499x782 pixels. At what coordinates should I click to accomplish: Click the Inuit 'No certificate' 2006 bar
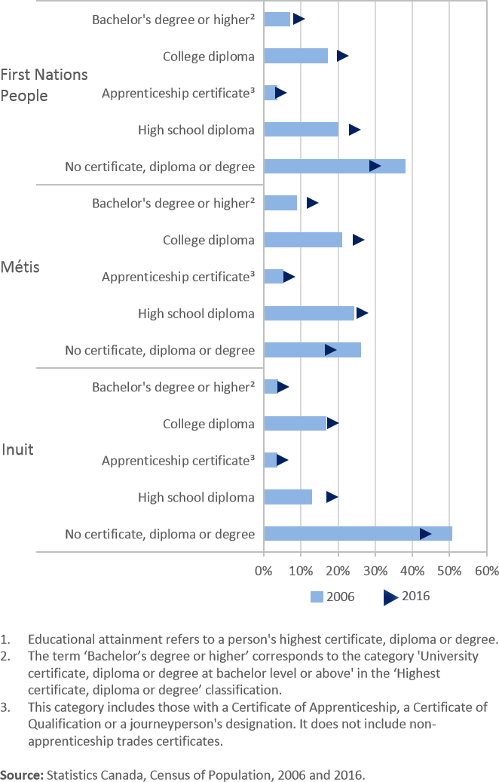tap(358, 534)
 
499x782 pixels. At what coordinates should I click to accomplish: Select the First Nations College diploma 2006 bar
tap(296, 56)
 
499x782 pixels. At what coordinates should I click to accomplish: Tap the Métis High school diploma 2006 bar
tap(309, 314)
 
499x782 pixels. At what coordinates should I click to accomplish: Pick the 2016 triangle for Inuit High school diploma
tap(332, 497)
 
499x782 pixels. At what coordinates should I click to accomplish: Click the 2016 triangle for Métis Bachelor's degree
tap(312, 203)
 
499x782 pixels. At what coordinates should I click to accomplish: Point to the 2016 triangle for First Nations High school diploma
tap(354, 130)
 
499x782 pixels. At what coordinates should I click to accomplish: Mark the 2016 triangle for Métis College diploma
tap(358, 240)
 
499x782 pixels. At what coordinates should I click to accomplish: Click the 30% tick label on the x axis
tap(375, 570)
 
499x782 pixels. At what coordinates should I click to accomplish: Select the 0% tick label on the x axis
tap(264, 570)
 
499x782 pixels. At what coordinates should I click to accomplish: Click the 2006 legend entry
tap(332, 596)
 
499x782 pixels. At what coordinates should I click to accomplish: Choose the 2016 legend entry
tap(407, 596)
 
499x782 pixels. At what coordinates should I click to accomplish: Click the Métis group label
tap(20, 268)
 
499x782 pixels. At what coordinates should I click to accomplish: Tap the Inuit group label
tap(17, 450)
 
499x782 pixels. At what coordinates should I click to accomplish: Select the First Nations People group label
tap(44, 84)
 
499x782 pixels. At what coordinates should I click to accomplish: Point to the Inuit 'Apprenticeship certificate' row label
tap(178, 461)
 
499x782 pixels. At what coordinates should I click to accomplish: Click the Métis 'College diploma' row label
tap(209, 241)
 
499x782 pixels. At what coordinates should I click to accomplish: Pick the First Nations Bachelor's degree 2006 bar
tap(277, 19)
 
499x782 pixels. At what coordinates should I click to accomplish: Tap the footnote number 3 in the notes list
tap(5, 707)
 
